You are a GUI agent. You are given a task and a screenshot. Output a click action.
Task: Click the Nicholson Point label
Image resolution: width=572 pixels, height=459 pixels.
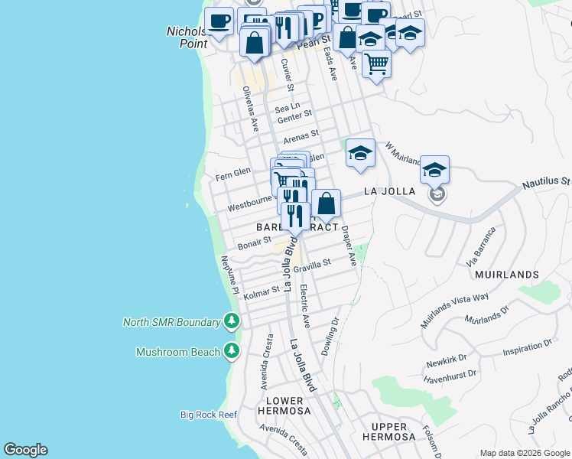(187, 37)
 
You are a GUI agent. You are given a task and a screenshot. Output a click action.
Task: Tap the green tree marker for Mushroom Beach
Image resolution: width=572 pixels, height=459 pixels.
(232, 351)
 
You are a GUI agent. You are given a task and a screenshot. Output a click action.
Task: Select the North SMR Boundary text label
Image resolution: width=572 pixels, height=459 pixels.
(171, 322)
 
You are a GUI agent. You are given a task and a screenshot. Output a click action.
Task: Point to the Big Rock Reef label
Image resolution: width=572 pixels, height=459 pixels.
(209, 415)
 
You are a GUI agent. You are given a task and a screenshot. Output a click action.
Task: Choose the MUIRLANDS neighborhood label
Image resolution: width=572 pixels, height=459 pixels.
(506, 274)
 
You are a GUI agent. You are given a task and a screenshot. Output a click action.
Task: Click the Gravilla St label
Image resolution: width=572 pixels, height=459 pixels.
(311, 265)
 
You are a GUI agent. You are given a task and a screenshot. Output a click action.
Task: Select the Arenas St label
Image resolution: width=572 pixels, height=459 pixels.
(299, 138)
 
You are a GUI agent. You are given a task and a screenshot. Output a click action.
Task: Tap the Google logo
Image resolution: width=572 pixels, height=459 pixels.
(25, 450)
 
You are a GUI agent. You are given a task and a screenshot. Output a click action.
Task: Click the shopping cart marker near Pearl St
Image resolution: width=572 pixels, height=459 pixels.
(376, 64)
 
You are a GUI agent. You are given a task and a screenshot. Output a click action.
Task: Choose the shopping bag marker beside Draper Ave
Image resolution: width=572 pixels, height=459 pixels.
(326, 204)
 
